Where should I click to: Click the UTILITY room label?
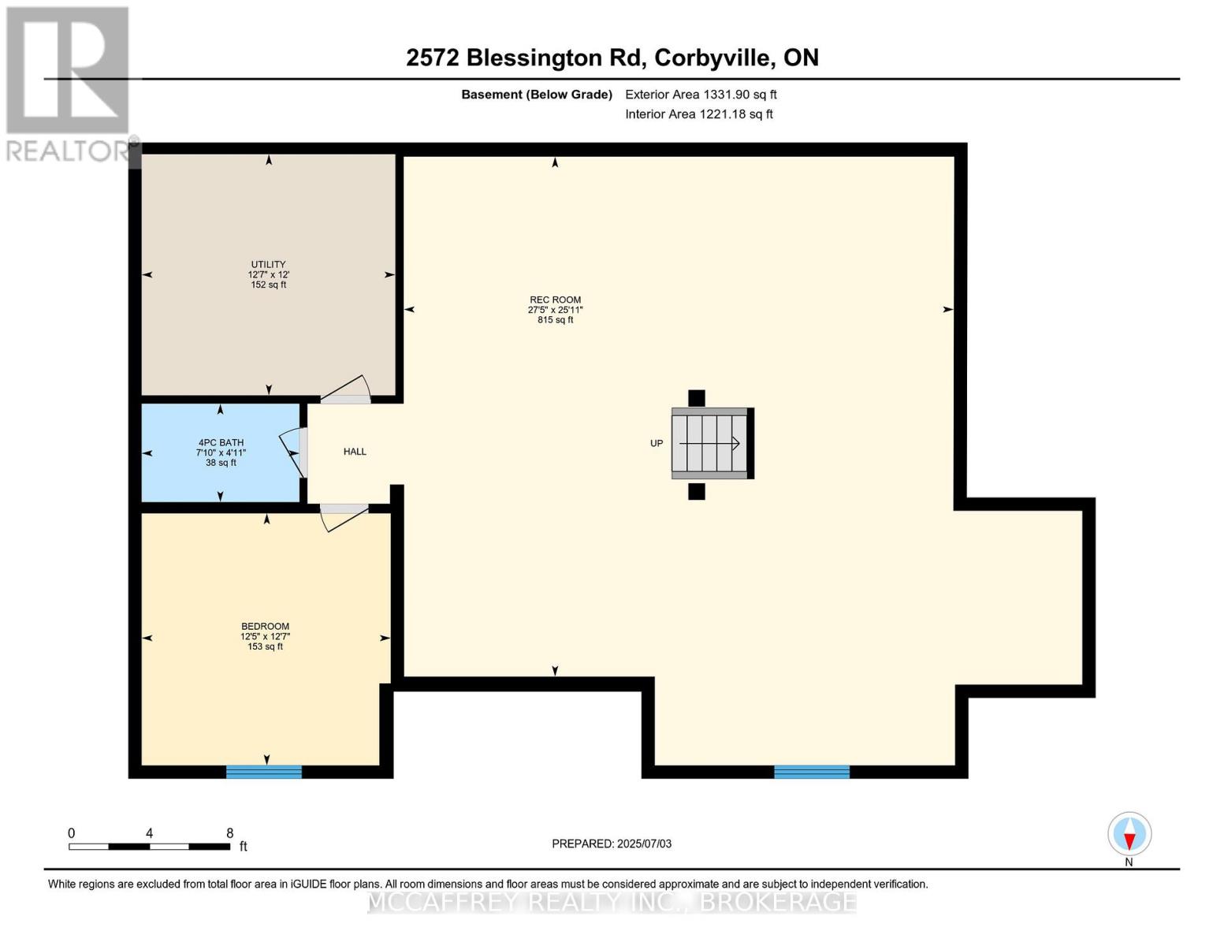(268, 265)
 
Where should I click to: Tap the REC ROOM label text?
(555, 300)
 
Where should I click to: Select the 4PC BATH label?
(221, 443)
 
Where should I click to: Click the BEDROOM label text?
(265, 627)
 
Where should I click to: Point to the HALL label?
(355, 452)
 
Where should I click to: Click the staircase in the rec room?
(710, 443)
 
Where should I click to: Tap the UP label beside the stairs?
(657, 444)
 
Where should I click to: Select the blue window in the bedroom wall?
(264, 772)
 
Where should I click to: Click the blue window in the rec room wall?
(812, 772)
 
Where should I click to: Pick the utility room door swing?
(346, 390)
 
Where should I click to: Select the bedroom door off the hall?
(344, 516)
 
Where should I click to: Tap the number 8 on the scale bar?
(229, 833)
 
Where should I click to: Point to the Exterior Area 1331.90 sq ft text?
(701, 95)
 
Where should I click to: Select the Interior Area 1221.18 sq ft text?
(698, 114)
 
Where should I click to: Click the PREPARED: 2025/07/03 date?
(612, 844)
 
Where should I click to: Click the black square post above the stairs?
(697, 398)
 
